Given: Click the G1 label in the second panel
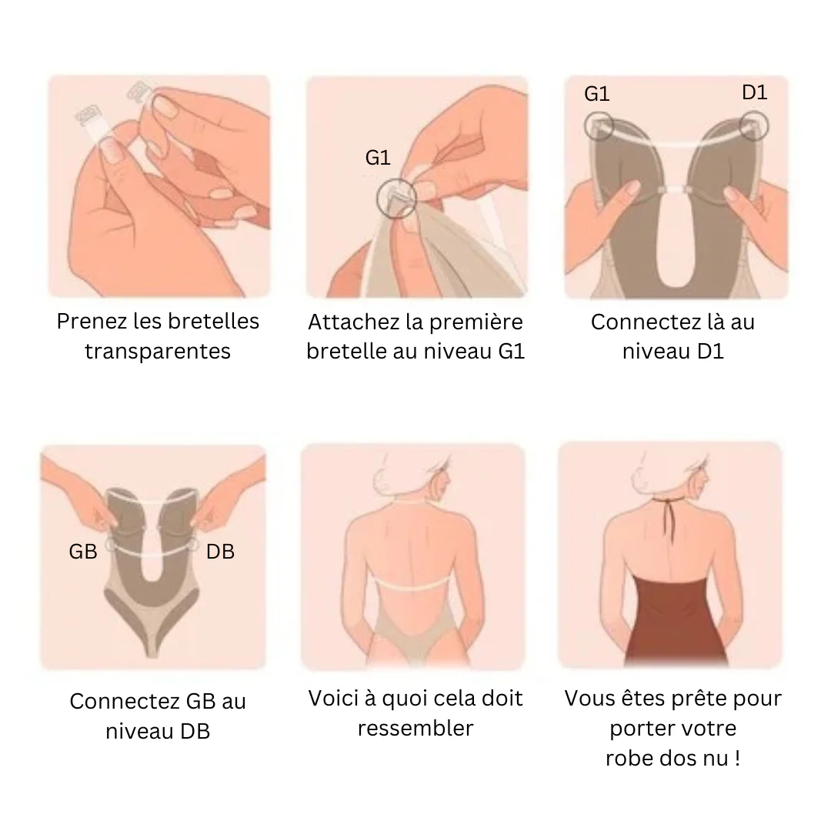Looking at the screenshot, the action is pyautogui.click(x=378, y=158).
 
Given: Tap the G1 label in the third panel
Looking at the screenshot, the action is pyautogui.click(x=597, y=94).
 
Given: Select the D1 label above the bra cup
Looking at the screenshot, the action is pyautogui.click(x=755, y=92).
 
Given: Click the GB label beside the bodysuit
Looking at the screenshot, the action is pyautogui.click(x=83, y=552).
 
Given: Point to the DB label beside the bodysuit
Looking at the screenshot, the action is pyautogui.click(x=221, y=552).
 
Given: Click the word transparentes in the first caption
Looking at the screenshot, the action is pyautogui.click(x=158, y=352).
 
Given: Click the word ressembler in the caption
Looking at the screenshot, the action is pyautogui.click(x=415, y=728).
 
